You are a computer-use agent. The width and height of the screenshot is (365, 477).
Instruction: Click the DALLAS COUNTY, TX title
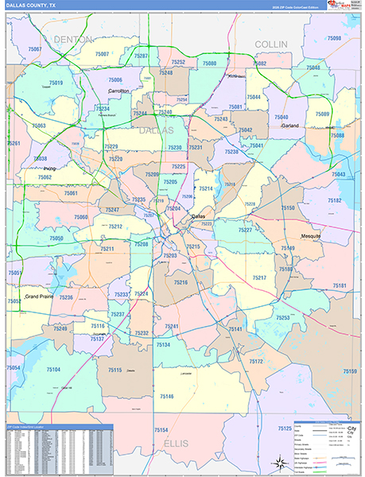31,5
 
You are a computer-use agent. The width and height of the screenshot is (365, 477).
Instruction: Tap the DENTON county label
74,39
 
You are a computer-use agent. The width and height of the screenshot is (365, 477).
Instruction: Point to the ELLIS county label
177,443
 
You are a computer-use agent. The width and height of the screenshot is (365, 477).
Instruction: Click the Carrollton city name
119,91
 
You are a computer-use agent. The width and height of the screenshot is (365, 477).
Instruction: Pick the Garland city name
289,126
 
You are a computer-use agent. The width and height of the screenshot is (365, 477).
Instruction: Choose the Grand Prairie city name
41,297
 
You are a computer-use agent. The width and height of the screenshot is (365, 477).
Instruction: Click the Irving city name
49,169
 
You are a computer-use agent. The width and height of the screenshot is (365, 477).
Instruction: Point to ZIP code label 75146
165,396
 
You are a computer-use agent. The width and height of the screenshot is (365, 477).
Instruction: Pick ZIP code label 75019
55,83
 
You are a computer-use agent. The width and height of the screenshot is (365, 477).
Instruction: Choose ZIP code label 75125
284,429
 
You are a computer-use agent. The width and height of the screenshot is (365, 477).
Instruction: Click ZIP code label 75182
334,201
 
